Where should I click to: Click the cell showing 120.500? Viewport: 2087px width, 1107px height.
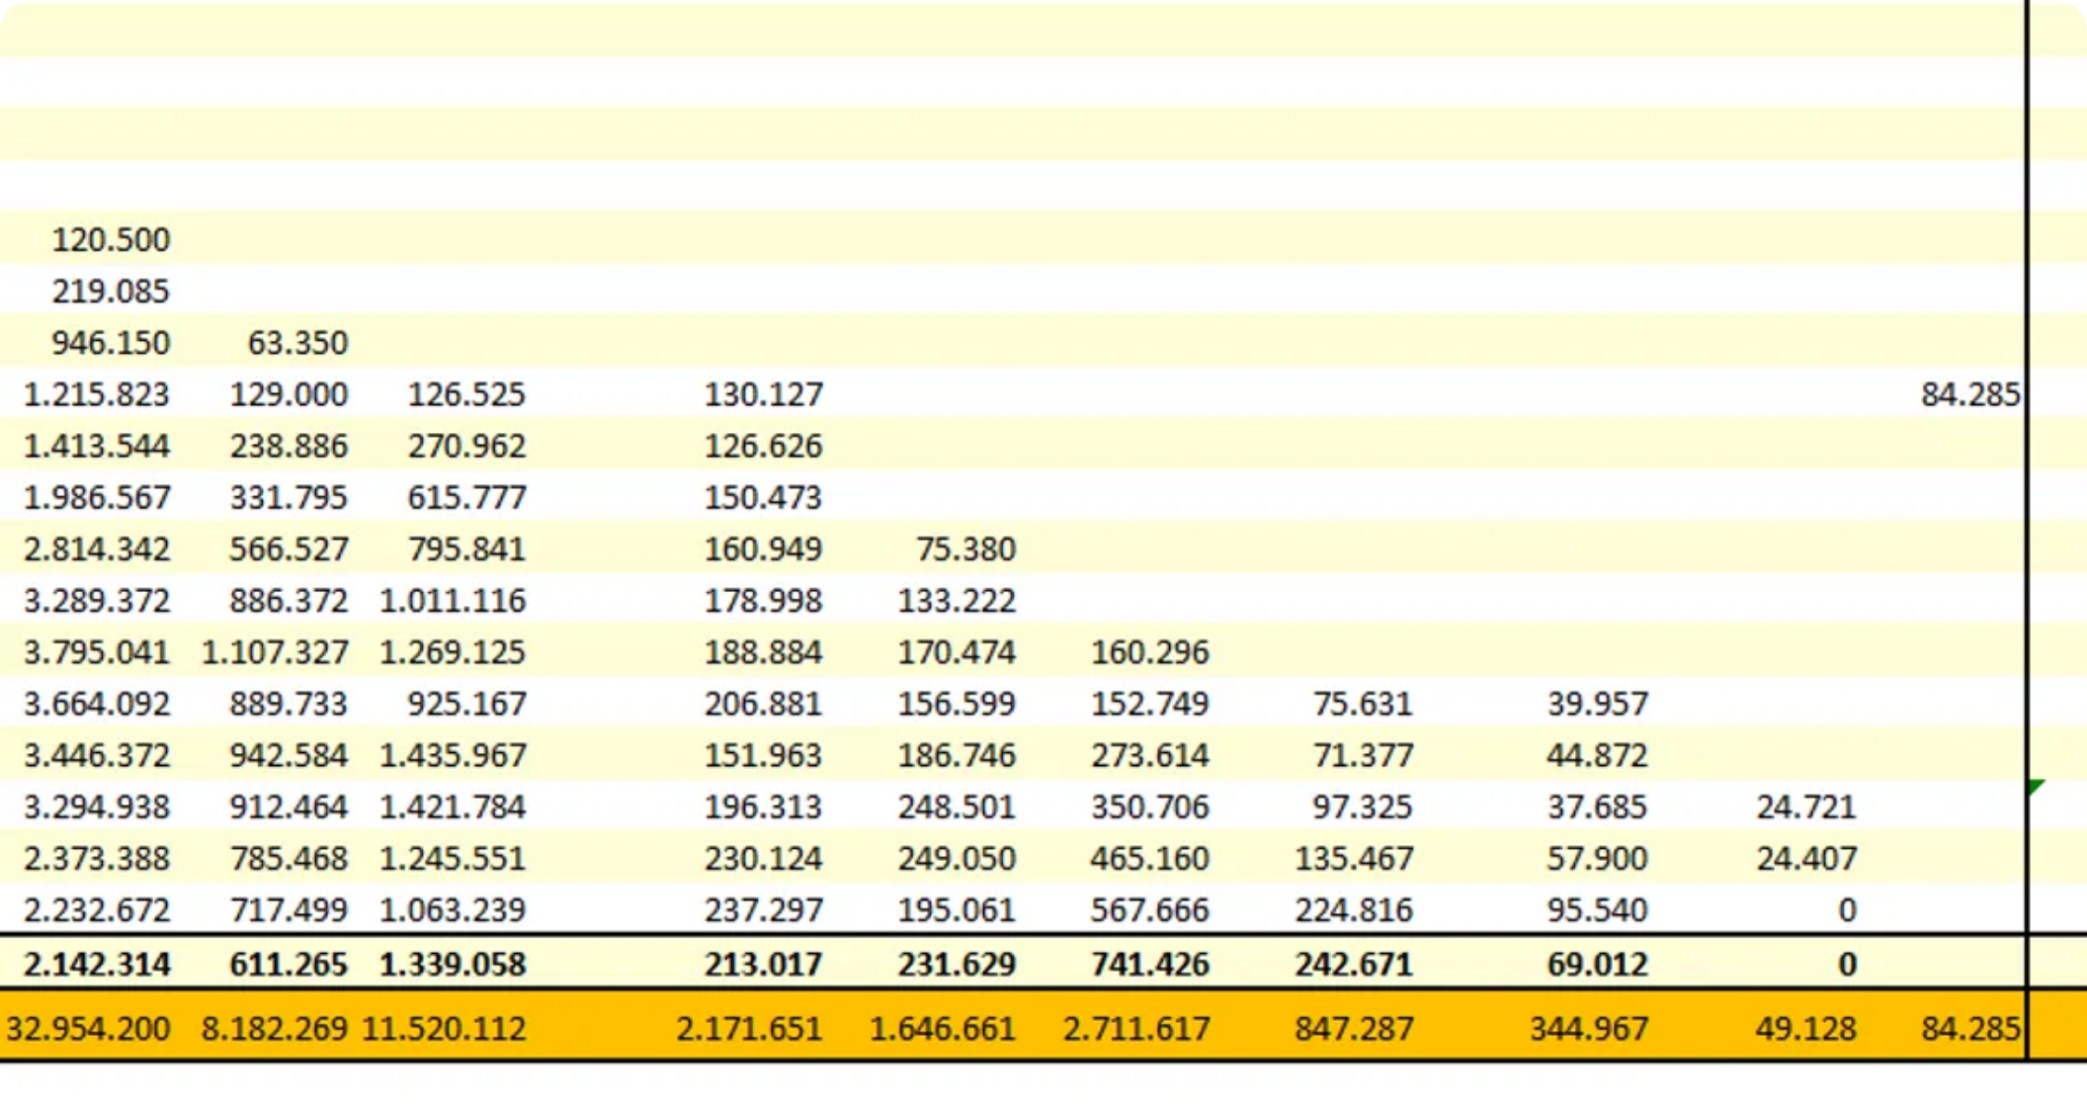coord(111,240)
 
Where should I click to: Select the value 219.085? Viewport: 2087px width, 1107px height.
coord(111,292)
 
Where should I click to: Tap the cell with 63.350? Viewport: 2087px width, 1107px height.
coord(297,343)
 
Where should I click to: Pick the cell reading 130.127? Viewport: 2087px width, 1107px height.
coord(763,395)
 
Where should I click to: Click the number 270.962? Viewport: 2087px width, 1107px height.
coord(466,447)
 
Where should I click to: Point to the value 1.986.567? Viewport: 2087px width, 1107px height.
coord(97,498)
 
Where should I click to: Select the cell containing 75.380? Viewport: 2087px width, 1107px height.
coord(965,550)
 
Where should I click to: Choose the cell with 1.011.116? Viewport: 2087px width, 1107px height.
coord(453,601)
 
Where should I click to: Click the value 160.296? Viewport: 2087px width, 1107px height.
coord(1149,652)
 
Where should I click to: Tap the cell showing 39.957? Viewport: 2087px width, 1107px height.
coord(1597,704)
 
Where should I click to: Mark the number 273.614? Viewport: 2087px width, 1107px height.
coord(1149,756)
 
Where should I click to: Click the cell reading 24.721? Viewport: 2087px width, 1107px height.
coord(1805,808)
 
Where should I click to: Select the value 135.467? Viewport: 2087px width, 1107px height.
coord(1354,859)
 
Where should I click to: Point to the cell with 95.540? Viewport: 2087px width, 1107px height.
coord(1597,910)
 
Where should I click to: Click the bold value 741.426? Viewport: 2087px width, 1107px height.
coord(1149,965)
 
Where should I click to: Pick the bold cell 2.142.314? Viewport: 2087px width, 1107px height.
coord(97,965)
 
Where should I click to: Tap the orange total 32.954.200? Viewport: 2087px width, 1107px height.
coord(89,1029)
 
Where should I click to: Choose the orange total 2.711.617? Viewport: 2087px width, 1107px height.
coord(1136,1029)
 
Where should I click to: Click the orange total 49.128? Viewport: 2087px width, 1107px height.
coord(1805,1029)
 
